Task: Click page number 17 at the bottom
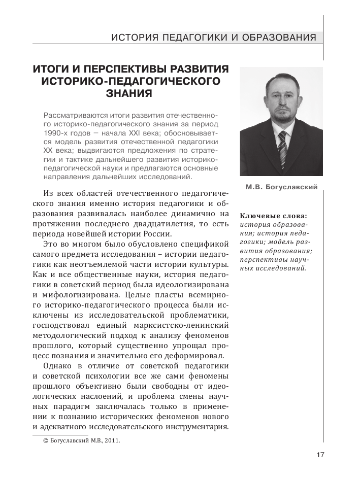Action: [x=320, y=455]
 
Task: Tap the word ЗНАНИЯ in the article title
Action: [x=129, y=93]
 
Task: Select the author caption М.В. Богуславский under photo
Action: [x=281, y=187]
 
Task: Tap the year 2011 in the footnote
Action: [x=112, y=440]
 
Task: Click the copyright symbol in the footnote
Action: [x=47, y=440]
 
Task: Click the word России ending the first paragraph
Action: [x=157, y=234]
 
